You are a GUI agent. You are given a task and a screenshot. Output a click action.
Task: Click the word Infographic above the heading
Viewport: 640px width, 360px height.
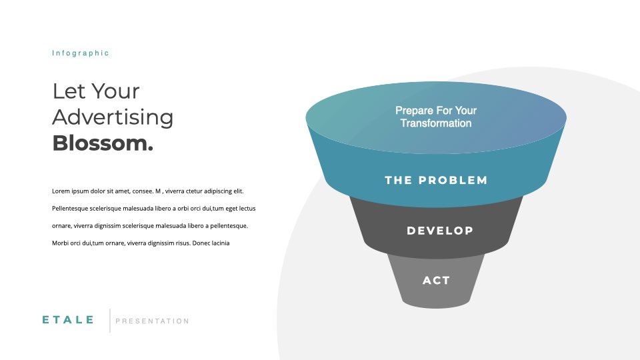[x=81, y=53]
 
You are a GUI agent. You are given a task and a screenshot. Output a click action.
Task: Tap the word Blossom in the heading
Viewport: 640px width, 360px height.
[x=100, y=143]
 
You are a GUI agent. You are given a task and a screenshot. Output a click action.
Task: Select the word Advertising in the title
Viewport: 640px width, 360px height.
[x=113, y=118]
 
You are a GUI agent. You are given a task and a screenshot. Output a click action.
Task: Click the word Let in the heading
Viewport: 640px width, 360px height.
[x=69, y=91]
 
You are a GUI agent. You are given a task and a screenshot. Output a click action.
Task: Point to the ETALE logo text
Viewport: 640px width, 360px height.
[x=68, y=319]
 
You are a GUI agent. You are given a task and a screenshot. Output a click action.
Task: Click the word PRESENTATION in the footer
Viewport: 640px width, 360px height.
[x=152, y=321]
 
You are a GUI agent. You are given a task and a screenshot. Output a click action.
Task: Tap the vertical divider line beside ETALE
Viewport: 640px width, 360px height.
[x=110, y=321]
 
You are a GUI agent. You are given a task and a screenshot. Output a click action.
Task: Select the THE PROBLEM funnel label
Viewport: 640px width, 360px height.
[x=436, y=180]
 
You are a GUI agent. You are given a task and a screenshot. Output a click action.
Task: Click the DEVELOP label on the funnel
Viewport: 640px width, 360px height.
[x=440, y=231]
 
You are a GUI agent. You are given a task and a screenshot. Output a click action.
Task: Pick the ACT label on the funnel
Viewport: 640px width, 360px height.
[x=436, y=281]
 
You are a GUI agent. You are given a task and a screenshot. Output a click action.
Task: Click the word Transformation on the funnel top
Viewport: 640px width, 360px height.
[x=436, y=123]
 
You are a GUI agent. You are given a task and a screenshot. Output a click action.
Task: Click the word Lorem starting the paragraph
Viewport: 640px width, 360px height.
[x=61, y=191]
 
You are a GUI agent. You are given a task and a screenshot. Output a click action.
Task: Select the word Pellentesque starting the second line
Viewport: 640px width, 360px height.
[x=70, y=209]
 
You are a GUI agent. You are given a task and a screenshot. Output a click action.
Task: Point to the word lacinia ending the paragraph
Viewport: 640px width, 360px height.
[x=220, y=243]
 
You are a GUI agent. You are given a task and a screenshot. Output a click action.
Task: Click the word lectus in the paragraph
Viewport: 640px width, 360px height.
[x=247, y=209]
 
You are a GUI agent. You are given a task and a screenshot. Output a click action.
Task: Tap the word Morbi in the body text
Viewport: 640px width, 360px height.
[x=60, y=243]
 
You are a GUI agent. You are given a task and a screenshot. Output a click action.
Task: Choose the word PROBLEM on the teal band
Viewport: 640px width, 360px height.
[x=453, y=180]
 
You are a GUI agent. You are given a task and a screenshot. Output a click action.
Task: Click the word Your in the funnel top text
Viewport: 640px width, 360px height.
[x=466, y=111]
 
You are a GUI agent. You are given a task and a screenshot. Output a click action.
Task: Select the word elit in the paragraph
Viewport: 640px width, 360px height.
[x=239, y=191]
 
